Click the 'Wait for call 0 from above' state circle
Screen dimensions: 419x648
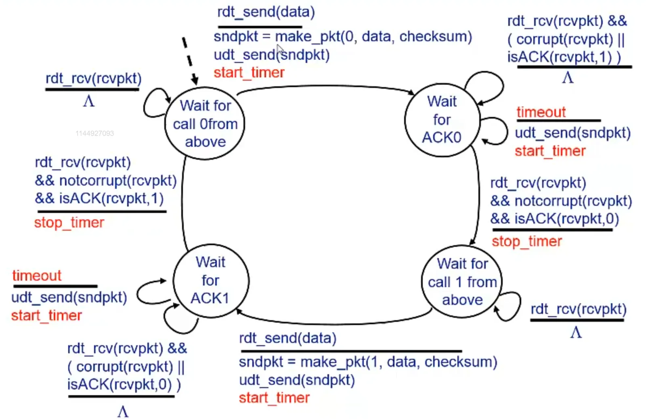click(x=205, y=123)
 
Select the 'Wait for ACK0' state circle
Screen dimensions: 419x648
click(x=442, y=120)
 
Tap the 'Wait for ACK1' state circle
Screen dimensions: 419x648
click(x=210, y=281)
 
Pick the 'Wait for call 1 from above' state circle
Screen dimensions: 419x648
click(x=462, y=282)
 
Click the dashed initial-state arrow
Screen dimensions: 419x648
click(x=189, y=60)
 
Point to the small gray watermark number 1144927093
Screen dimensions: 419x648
click(x=94, y=133)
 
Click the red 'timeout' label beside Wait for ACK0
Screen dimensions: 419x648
click(x=541, y=112)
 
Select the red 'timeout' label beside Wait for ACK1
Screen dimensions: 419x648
click(x=37, y=276)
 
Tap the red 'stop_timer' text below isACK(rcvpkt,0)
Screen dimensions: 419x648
click(x=526, y=242)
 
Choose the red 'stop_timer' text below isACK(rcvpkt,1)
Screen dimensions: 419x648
click(x=69, y=223)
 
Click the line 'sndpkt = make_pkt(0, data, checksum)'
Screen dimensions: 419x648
click(x=342, y=37)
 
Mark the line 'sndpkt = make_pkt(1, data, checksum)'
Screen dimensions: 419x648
click(x=367, y=362)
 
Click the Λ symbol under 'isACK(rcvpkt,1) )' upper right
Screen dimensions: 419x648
click(x=568, y=77)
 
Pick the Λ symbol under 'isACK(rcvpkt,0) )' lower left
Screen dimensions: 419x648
click(x=123, y=411)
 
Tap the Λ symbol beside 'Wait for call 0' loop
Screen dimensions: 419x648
click(x=89, y=101)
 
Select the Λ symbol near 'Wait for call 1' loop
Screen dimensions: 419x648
click(x=576, y=332)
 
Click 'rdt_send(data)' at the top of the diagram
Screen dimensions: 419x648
click(x=266, y=12)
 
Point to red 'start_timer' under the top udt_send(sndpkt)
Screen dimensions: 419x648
click(x=249, y=73)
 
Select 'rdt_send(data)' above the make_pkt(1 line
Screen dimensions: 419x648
click(x=287, y=338)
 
